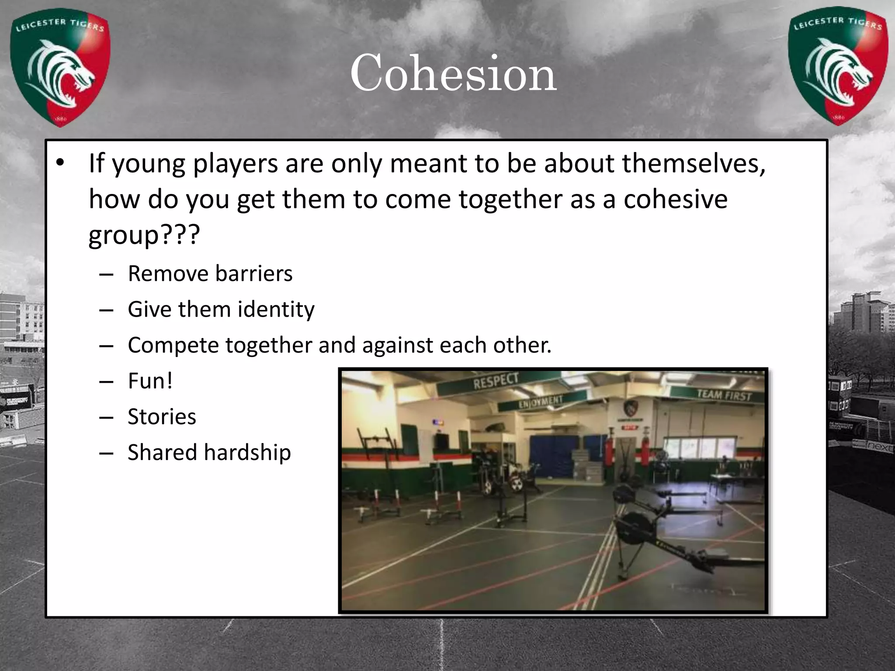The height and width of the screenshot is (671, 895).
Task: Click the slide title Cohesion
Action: point(453,73)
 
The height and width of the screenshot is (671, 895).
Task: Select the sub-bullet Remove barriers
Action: point(210,274)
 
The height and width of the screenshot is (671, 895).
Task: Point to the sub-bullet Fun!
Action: point(150,381)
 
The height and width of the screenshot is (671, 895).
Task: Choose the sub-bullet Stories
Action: point(162,417)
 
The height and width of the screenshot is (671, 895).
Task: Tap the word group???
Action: point(144,235)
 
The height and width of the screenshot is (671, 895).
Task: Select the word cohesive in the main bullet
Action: point(675,199)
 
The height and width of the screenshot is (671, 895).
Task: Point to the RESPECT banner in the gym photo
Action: point(496,381)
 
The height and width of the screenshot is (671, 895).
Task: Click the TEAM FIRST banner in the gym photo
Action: point(724,395)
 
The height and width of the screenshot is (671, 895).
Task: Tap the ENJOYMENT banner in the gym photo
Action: point(541,401)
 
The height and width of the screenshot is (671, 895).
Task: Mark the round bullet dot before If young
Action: point(60,163)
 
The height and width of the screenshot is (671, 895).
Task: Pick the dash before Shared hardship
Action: point(106,453)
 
